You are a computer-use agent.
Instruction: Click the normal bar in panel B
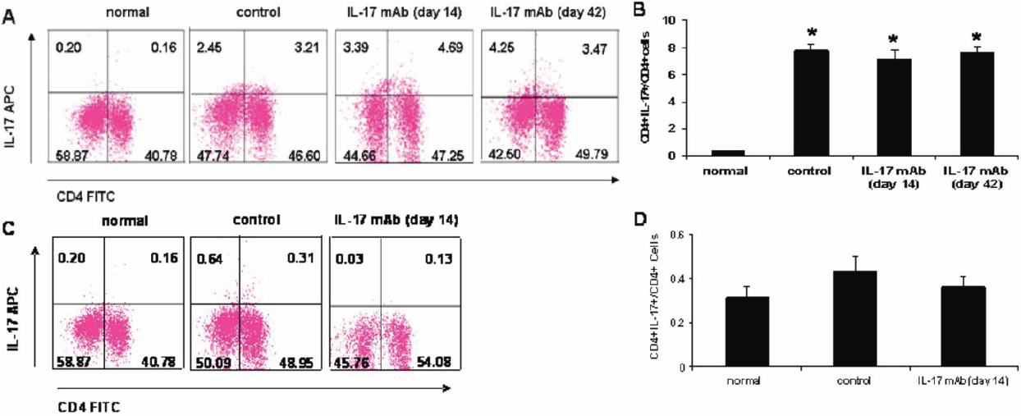[727, 153]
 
